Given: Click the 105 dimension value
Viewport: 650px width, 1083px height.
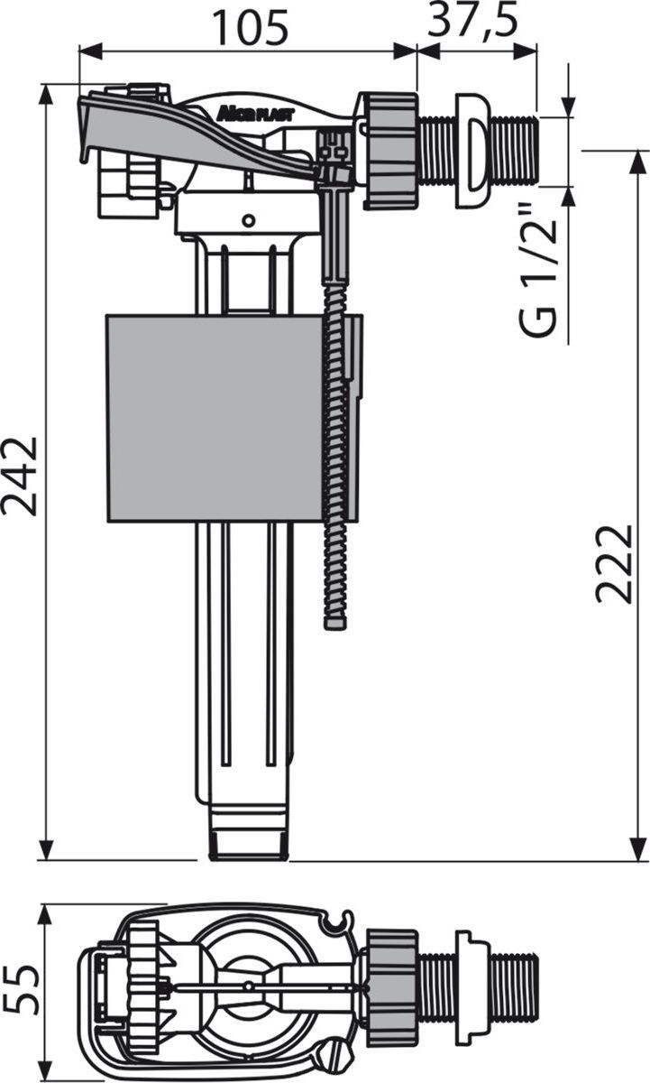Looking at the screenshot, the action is (252, 28).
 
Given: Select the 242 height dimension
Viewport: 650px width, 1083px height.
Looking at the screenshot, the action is (19, 477).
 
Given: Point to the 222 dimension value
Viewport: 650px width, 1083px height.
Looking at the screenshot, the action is (613, 564).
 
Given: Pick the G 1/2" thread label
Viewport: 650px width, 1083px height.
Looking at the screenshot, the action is (539, 272).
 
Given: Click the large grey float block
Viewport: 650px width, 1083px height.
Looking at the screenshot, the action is (215, 418).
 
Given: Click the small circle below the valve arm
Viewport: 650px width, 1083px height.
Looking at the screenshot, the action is (248, 221).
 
